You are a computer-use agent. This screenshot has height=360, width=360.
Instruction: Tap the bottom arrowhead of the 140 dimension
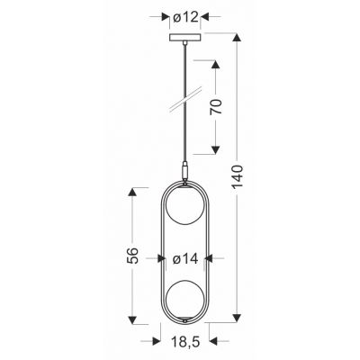(x=237, y=319)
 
